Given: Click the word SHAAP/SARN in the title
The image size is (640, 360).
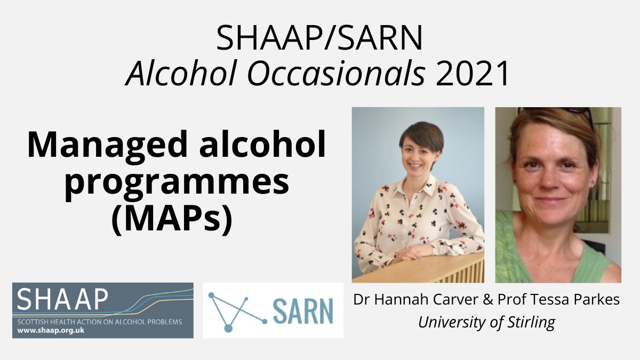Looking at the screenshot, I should [319, 39].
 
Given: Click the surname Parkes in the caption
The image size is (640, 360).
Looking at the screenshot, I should [597, 300].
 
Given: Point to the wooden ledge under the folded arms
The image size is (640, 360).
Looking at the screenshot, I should [427, 269].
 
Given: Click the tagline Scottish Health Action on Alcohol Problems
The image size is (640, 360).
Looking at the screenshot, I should [99, 322].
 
